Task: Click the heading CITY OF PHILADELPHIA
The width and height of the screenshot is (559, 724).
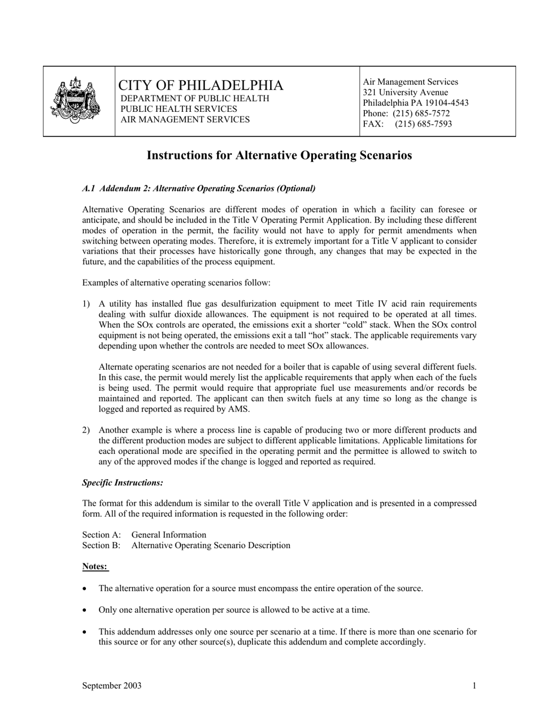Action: coord(201,85)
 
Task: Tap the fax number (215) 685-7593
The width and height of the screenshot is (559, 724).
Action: coord(423,124)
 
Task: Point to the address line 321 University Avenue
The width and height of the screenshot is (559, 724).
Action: coord(405,92)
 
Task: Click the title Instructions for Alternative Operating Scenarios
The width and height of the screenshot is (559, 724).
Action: coord(279,155)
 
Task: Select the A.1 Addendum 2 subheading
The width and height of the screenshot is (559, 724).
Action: coord(199,188)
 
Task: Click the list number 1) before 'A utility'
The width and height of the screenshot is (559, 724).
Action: coord(86,304)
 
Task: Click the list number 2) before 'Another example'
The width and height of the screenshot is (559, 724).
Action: coord(86,430)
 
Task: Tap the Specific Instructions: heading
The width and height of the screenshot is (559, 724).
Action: coord(122,483)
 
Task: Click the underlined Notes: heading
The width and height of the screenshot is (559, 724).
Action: coord(95,567)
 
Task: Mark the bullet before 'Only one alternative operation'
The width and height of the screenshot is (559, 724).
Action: coord(86,610)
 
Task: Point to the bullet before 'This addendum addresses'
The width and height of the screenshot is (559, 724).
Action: coord(86,632)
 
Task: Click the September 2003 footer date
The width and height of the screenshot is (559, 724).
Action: coord(112,686)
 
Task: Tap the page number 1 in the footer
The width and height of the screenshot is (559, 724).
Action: coord(474,686)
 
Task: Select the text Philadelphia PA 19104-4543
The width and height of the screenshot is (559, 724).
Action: coord(415,103)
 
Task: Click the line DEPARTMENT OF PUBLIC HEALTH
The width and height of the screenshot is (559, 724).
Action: coord(195,98)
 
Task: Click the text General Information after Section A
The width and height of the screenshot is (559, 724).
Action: coord(169,535)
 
